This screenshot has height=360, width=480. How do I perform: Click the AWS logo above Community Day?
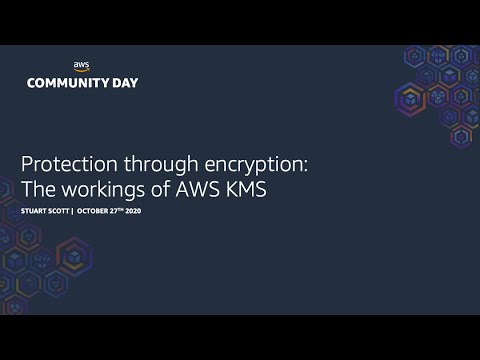pos(82,67)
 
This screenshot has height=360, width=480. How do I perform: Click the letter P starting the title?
pos(27,164)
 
